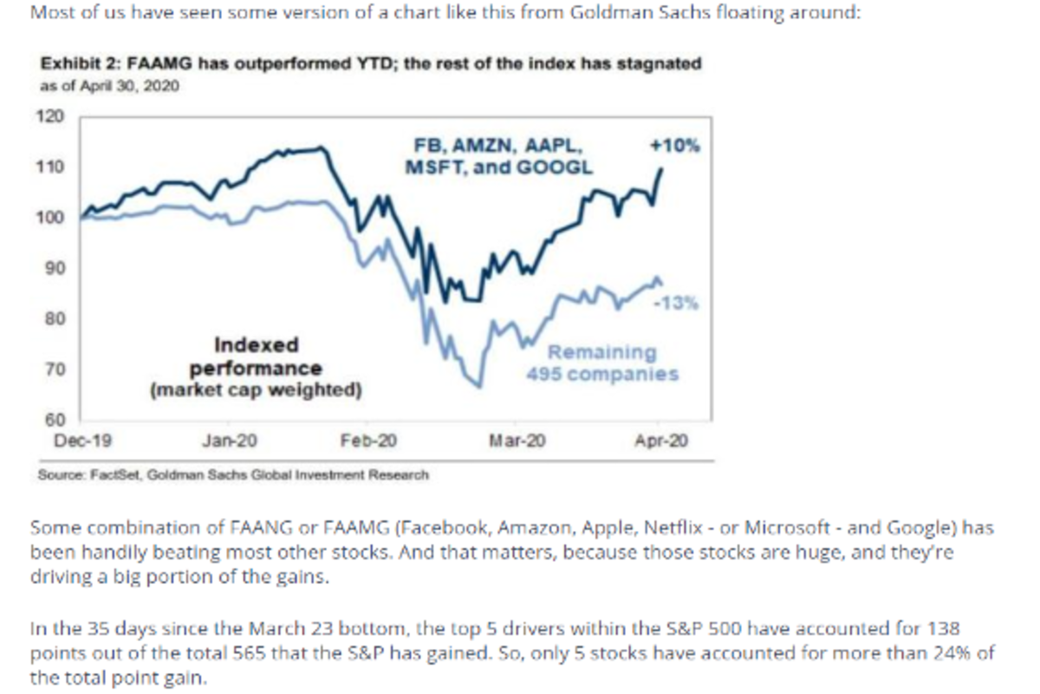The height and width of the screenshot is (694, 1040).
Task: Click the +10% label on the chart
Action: point(674,146)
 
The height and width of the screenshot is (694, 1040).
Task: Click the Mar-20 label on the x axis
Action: point(517,441)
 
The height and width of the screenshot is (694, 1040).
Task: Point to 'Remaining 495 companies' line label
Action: point(602,363)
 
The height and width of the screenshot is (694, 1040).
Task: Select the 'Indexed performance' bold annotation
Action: point(257,357)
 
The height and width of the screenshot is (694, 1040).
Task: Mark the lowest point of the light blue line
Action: point(479,386)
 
